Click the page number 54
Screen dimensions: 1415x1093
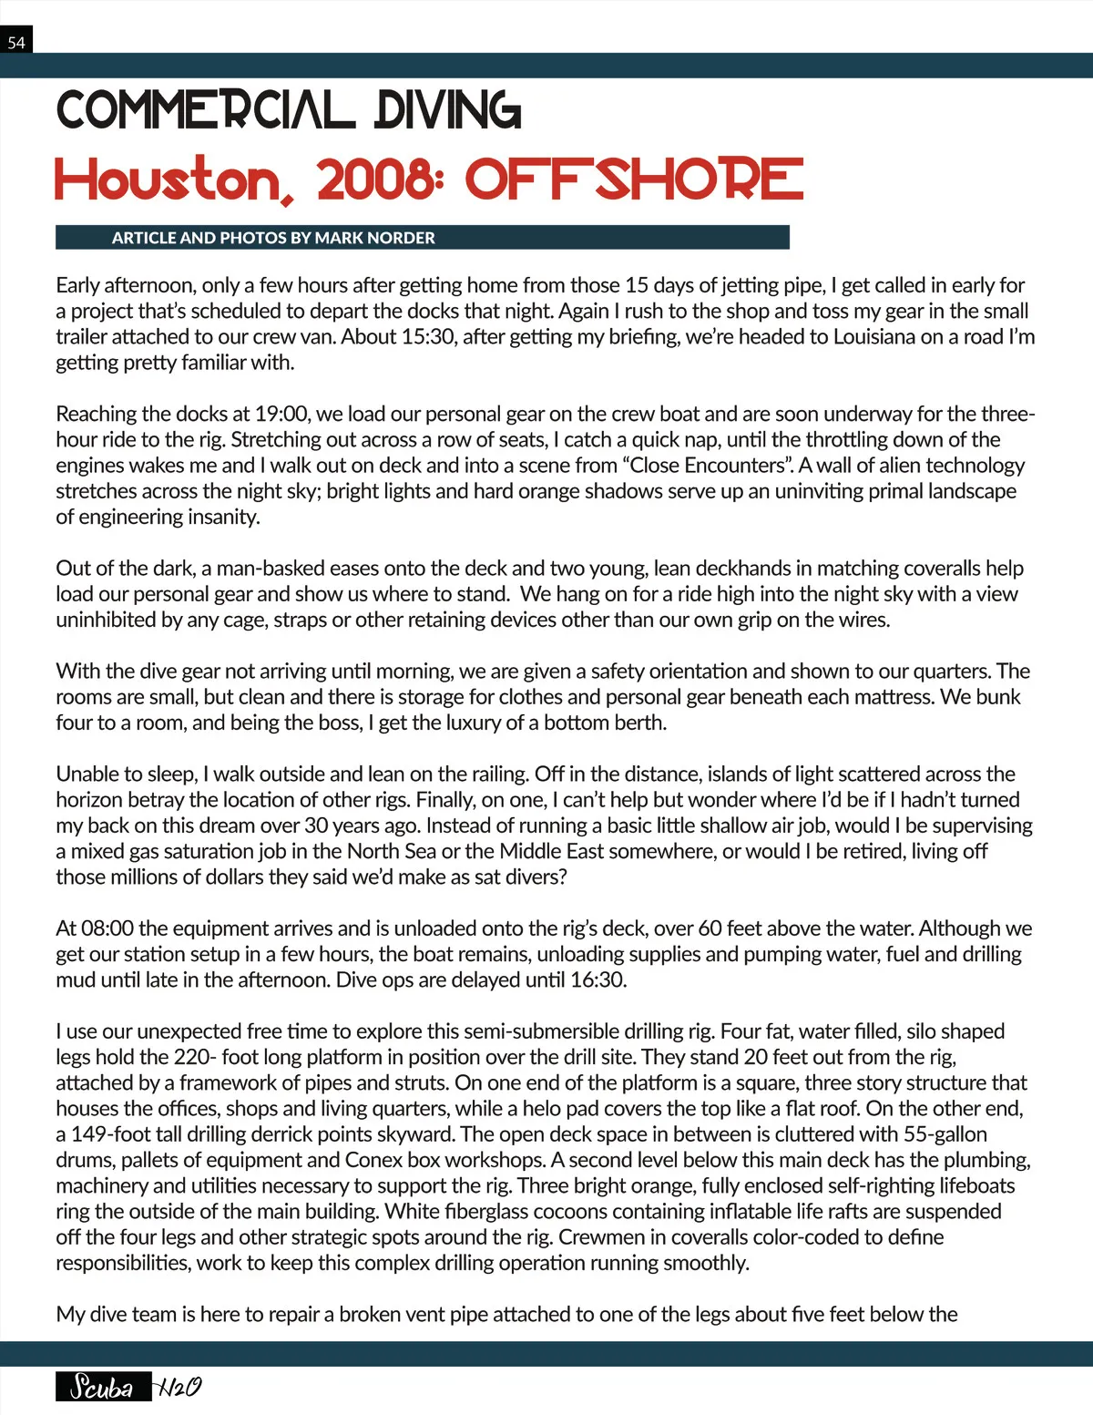16,42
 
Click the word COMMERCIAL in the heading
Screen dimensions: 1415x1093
206,110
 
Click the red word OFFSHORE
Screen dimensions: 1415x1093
634,179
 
